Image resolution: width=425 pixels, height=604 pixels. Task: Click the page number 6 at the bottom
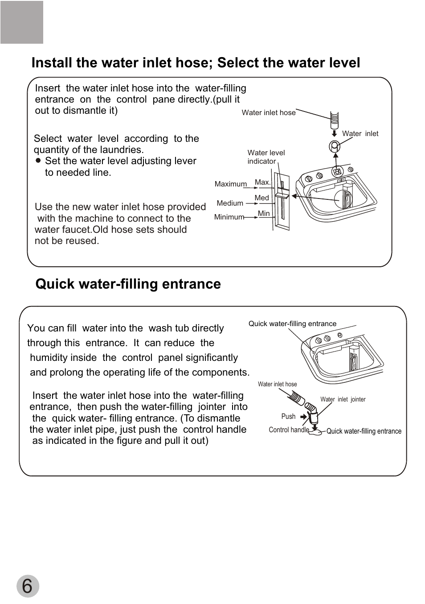(28, 586)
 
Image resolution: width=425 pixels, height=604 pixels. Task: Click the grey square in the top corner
(22, 22)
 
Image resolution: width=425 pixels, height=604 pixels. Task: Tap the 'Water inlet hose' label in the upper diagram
(268, 113)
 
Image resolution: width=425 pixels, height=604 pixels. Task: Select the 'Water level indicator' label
(266, 157)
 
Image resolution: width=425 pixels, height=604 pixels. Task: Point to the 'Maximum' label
(230, 184)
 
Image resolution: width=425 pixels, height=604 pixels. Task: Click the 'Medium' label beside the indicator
(230, 203)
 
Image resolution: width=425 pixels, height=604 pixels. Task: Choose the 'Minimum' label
(229, 217)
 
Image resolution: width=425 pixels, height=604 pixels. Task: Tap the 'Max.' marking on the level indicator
(262, 182)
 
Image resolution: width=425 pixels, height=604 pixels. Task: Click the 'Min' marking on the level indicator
(264, 214)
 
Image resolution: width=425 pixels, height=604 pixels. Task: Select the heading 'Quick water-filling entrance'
(128, 284)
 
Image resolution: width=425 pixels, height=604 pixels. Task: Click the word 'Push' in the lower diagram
(288, 417)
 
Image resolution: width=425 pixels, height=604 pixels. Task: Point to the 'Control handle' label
(289, 430)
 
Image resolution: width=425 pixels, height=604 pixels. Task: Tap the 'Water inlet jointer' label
(343, 400)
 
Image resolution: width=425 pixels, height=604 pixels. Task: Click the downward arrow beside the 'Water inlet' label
(335, 133)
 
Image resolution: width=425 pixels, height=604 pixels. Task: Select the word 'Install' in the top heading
(52, 63)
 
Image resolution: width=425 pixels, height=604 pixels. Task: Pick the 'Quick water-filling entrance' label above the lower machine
(292, 324)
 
